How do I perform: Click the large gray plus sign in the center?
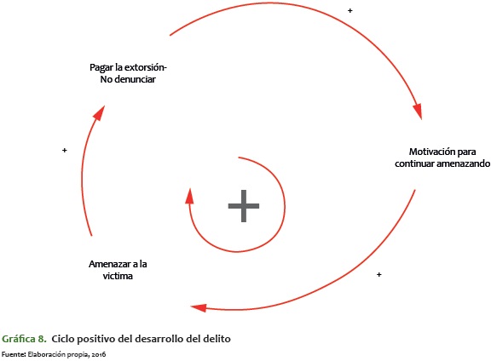pyautogui.click(x=244, y=206)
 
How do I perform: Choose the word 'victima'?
pyautogui.click(x=118, y=276)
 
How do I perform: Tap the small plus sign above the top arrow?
pyautogui.click(x=350, y=10)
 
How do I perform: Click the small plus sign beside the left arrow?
pyautogui.click(x=65, y=150)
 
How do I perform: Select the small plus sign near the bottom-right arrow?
pyautogui.click(x=378, y=274)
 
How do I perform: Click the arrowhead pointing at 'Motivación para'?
pyautogui.click(x=418, y=112)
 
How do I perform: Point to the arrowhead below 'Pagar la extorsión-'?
pyautogui.click(x=100, y=112)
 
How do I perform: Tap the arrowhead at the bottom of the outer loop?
pyautogui.click(x=199, y=308)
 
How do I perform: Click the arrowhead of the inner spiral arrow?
pyautogui.click(x=189, y=196)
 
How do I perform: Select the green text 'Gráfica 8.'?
pyautogui.click(x=24, y=339)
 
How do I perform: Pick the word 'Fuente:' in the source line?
pyautogui.click(x=14, y=354)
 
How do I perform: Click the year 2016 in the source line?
pyautogui.click(x=99, y=354)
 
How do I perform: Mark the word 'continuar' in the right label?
pyautogui.click(x=414, y=163)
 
